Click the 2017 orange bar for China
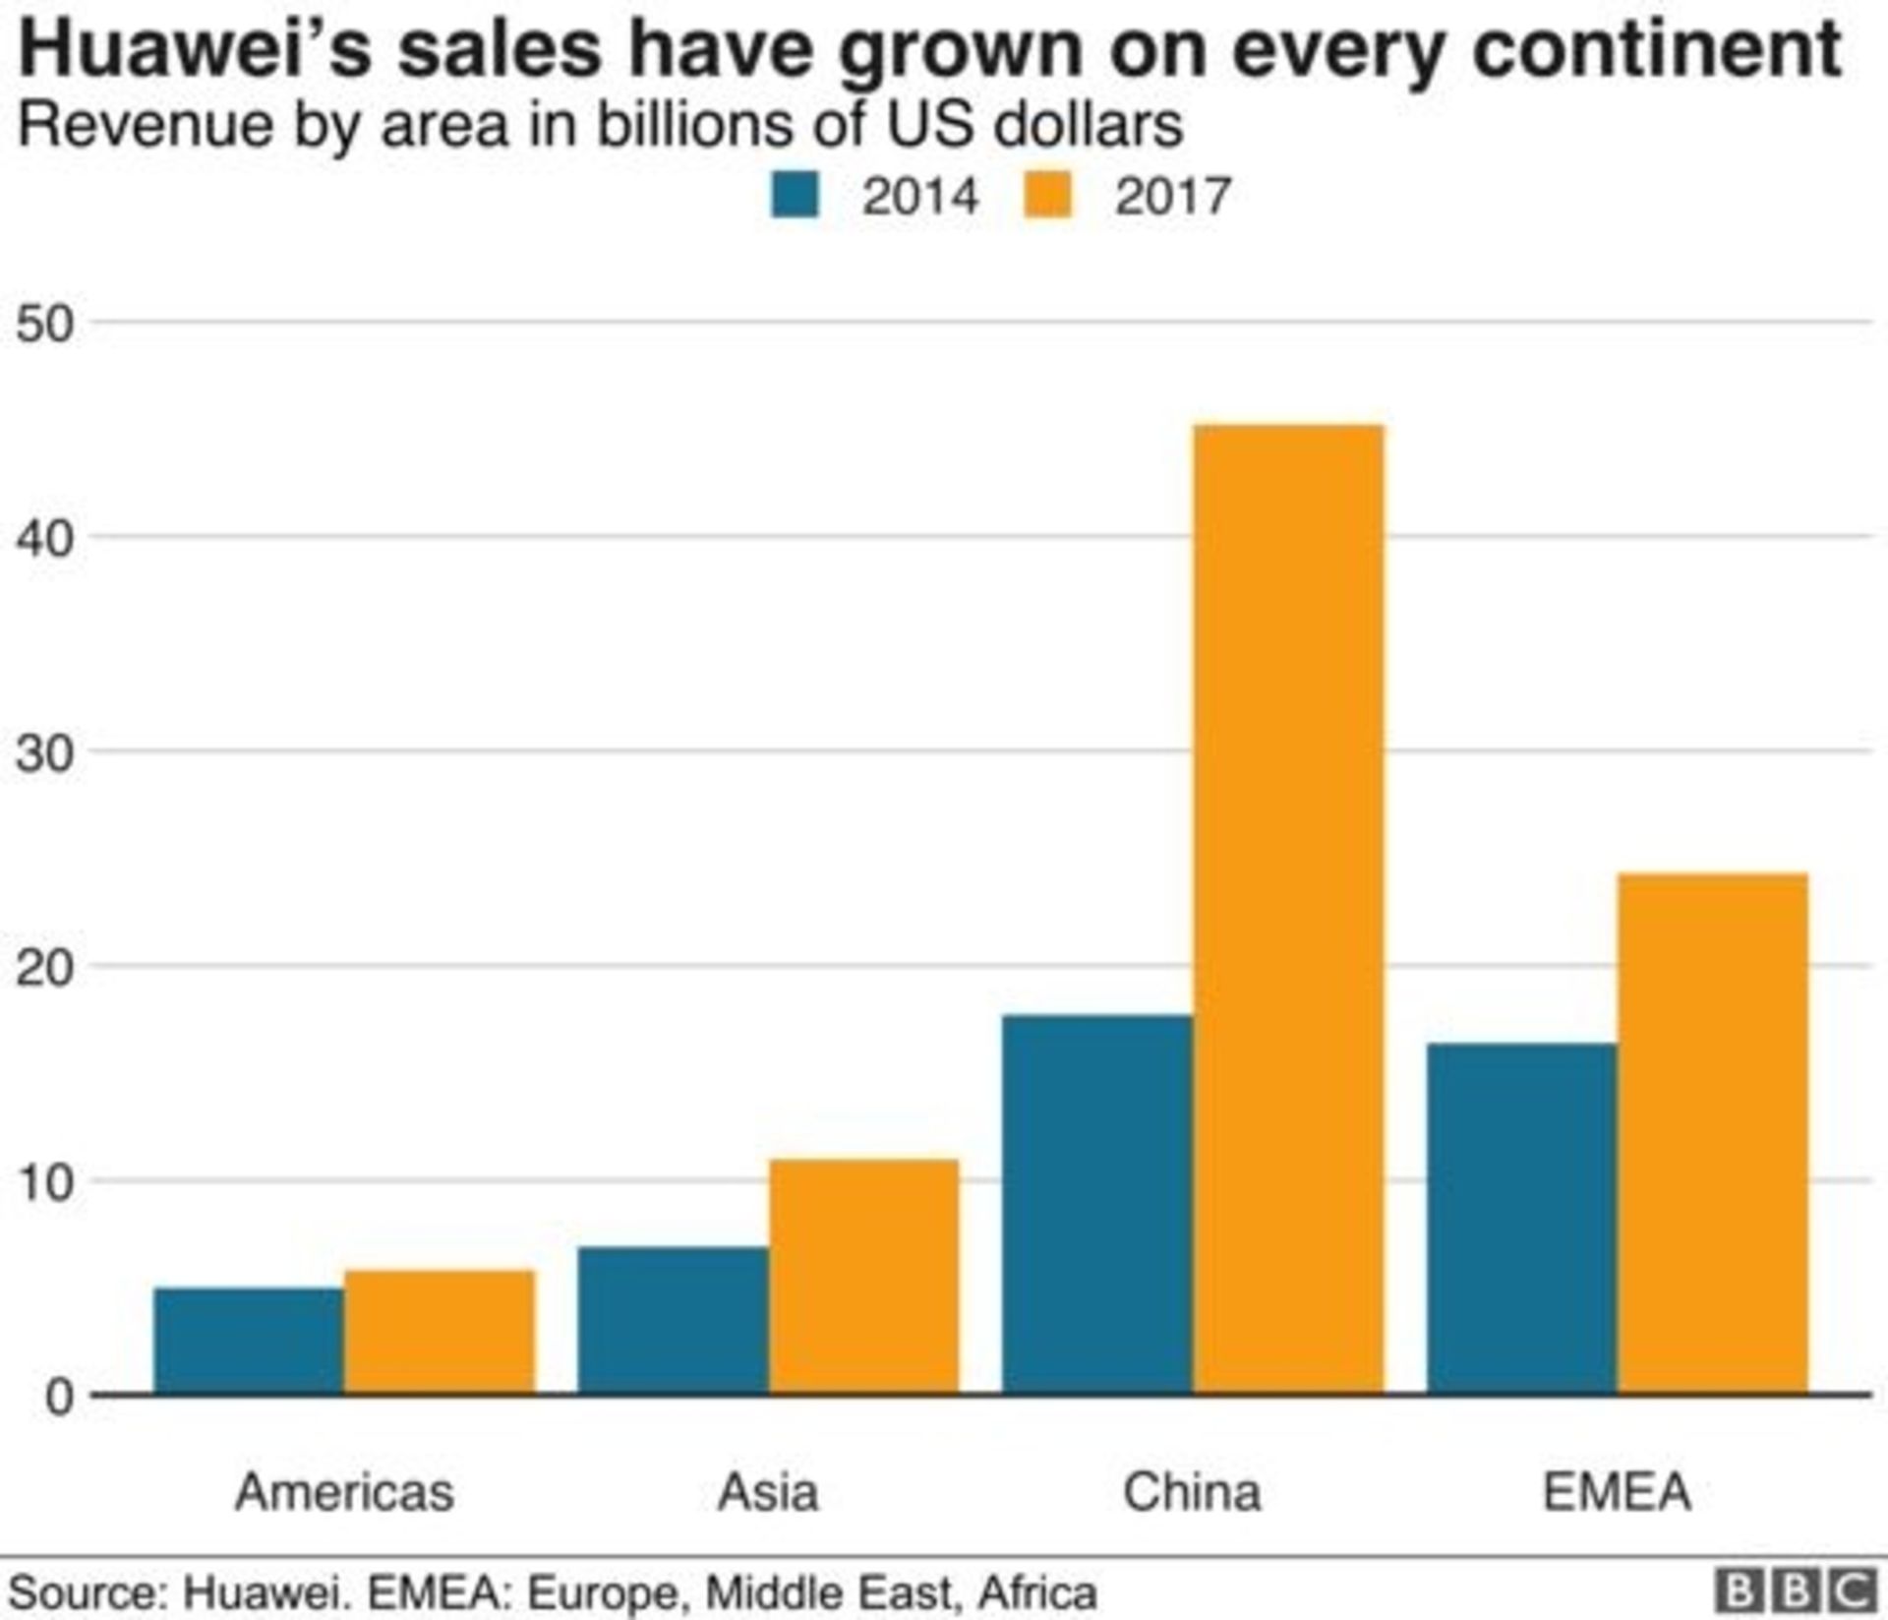click(x=1288, y=910)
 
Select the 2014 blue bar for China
click(x=1096, y=1205)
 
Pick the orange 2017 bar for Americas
click(x=440, y=1333)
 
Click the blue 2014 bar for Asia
click(x=673, y=1320)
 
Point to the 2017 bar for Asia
click(x=863, y=1277)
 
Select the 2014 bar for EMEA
click(x=1521, y=1219)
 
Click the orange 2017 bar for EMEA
click(x=1712, y=1133)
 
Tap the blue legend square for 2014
click(x=795, y=194)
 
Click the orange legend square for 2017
click(x=1047, y=194)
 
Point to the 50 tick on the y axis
click(x=44, y=324)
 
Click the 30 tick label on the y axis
click(x=44, y=753)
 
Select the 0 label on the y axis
click(x=59, y=1397)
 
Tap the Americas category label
click(x=344, y=1492)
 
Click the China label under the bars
click(x=1192, y=1492)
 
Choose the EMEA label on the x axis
click(x=1617, y=1492)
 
